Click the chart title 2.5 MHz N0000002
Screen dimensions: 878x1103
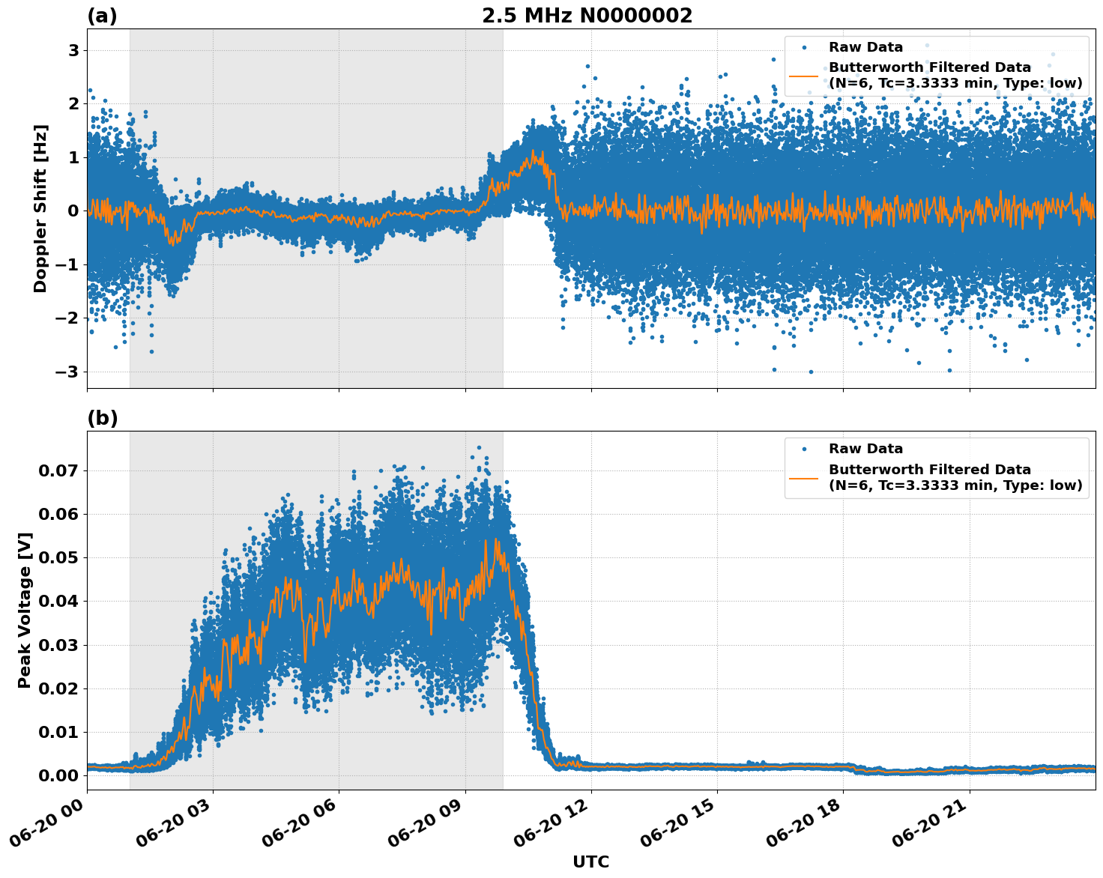pyautogui.click(x=587, y=16)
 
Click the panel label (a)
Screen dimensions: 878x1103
pyautogui.click(x=102, y=16)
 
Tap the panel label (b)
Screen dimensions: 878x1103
pyautogui.click(x=102, y=418)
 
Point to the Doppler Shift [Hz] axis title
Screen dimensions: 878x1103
pyautogui.click(x=40, y=208)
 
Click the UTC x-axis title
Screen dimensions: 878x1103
pyautogui.click(x=590, y=862)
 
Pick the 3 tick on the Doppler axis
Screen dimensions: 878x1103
pyautogui.click(x=73, y=50)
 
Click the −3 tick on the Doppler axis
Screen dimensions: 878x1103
pyautogui.click(x=68, y=372)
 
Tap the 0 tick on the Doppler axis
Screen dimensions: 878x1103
pyautogui.click(x=73, y=211)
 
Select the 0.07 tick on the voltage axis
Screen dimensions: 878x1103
pyautogui.click(x=58, y=470)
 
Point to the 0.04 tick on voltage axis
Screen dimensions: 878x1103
pyautogui.click(x=58, y=601)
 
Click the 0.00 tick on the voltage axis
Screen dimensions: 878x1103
pyautogui.click(x=58, y=775)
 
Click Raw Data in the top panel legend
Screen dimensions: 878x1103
pyautogui.click(x=865, y=47)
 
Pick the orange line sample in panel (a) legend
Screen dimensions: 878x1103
pyautogui.click(x=804, y=75)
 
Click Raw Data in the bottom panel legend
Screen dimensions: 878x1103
pyautogui.click(x=865, y=449)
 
